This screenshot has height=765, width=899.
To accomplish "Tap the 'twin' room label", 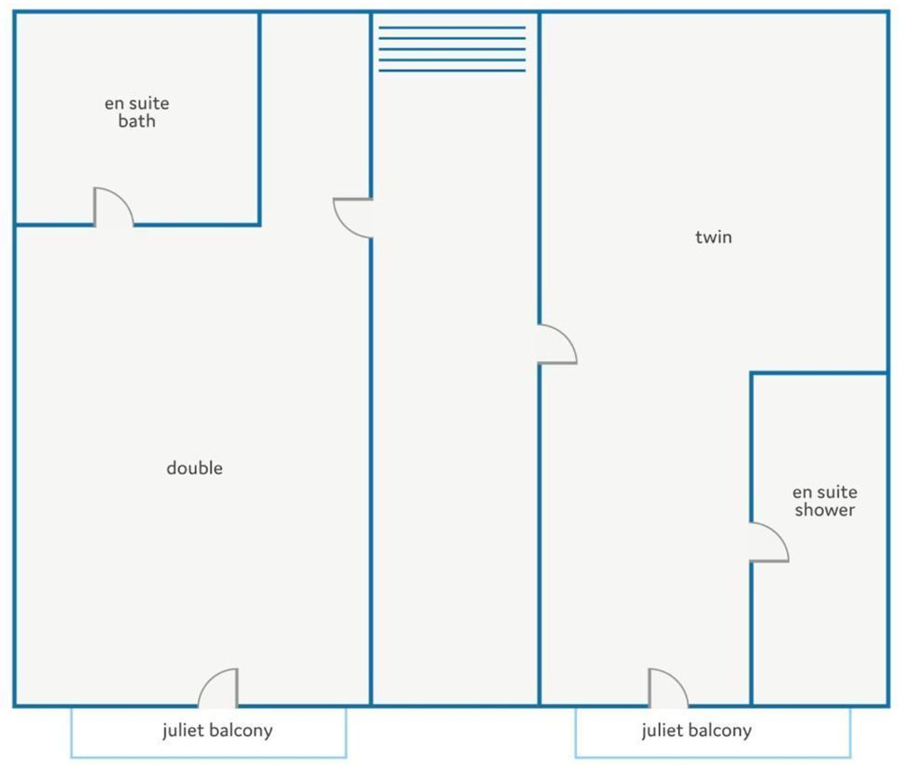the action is (x=713, y=237).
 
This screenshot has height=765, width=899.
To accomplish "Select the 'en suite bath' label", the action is (x=137, y=112).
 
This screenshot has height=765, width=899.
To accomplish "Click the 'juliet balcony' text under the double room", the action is (x=218, y=730).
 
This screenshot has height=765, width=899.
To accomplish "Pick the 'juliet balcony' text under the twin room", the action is (x=697, y=730).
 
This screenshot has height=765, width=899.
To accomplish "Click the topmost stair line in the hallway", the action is (x=452, y=27).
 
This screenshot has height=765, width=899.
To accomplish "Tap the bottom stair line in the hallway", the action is (x=452, y=71).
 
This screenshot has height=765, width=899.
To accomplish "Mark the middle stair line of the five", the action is (x=452, y=49).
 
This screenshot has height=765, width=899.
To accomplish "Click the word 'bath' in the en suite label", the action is (x=137, y=121).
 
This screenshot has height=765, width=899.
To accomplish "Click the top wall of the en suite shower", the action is (x=819, y=373).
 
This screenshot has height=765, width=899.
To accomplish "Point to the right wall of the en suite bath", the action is (x=259, y=118).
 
